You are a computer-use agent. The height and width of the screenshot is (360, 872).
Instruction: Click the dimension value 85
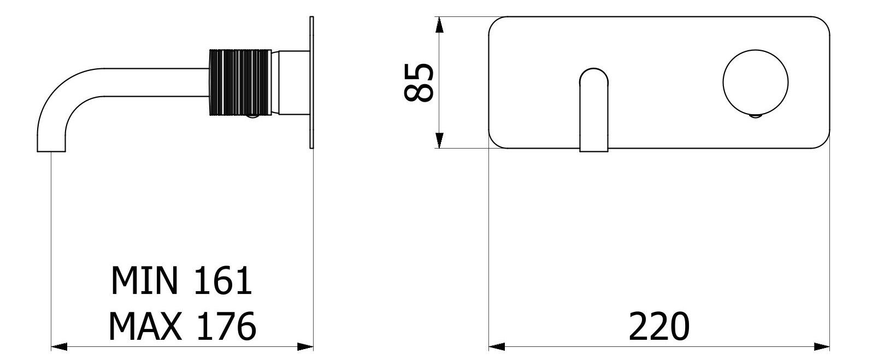coord(419,82)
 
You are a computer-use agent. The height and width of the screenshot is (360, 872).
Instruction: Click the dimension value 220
coord(659,327)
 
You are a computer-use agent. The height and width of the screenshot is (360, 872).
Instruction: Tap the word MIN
coord(145,281)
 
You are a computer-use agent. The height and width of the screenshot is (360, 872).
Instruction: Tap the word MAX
coord(145,327)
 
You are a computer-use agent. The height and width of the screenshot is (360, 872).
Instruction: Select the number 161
coord(223,281)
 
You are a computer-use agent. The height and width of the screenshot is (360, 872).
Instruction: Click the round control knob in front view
coord(756,82)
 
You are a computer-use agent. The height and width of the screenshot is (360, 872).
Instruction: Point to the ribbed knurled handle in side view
coord(240,82)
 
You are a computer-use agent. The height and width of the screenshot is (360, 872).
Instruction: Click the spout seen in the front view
coord(594,110)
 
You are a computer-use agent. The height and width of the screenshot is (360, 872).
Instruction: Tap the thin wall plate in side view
coord(311,82)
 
